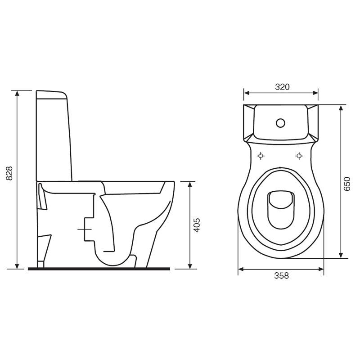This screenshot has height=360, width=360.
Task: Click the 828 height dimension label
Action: [x=9, y=173]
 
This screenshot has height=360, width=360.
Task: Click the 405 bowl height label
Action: [x=197, y=225]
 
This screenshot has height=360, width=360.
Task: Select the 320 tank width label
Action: [x=282, y=87]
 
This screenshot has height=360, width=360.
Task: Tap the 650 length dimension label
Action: [x=347, y=184]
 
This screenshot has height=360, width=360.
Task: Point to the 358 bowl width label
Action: [x=282, y=275]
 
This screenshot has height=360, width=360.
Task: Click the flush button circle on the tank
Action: [x=280, y=123]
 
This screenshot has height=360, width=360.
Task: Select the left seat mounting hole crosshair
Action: [x=261, y=156]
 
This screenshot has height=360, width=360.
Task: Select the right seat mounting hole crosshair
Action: [x=299, y=156]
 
